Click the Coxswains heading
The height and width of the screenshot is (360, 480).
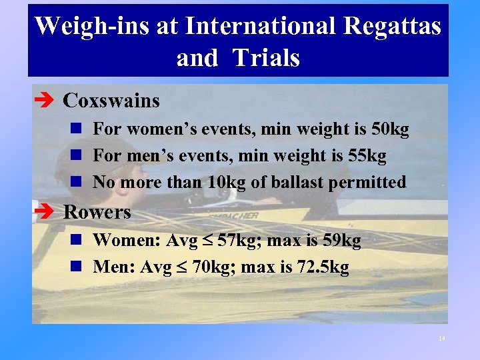pyautogui.click(x=111, y=101)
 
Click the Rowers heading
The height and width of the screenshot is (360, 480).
pyautogui.click(x=97, y=212)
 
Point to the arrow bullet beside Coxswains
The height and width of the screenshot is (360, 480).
pyautogui.click(x=45, y=101)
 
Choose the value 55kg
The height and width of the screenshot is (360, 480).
pyautogui.click(x=367, y=156)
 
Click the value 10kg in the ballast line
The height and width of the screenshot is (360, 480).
pyautogui.click(x=227, y=182)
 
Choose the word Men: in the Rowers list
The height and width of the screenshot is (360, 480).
pyautogui.click(x=114, y=267)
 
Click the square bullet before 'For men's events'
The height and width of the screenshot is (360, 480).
pyautogui.click(x=75, y=156)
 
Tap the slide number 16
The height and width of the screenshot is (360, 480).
pyautogui.click(x=441, y=339)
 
